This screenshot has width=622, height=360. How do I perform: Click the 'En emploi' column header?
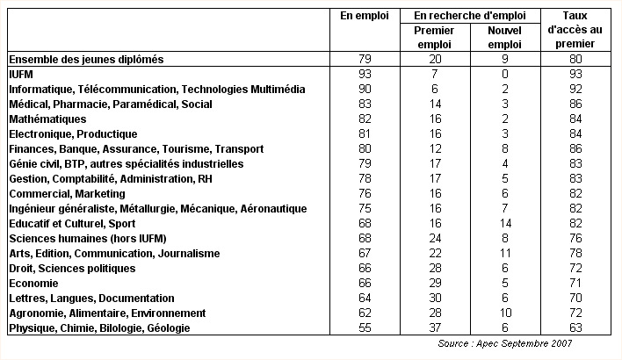(x=365, y=17)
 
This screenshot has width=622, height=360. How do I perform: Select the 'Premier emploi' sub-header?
(x=434, y=37)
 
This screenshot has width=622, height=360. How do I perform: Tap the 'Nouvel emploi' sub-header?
(x=504, y=37)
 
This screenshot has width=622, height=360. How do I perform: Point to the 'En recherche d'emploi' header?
(x=470, y=16)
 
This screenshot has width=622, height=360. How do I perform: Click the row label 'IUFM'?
(x=21, y=75)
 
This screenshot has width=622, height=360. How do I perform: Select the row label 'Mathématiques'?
(x=47, y=119)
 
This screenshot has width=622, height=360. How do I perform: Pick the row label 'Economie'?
(x=33, y=284)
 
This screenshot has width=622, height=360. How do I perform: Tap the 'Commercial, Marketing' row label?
(x=67, y=194)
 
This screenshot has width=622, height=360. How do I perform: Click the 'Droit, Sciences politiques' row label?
(x=72, y=269)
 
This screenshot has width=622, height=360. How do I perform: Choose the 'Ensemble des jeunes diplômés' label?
(x=86, y=60)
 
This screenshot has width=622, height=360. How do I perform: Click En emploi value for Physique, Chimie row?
(x=365, y=328)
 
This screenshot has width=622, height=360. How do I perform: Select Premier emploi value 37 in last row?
(x=435, y=328)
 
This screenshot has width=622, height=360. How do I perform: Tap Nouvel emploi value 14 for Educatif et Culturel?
(x=505, y=224)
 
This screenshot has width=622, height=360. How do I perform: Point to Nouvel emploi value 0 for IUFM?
(x=505, y=74)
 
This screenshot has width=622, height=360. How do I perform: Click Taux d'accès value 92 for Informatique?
(x=575, y=89)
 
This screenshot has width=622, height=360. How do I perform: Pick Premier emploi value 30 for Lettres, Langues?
(x=435, y=298)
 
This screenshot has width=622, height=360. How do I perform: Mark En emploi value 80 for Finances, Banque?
(x=365, y=148)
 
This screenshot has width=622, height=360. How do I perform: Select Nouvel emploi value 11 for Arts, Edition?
(x=505, y=254)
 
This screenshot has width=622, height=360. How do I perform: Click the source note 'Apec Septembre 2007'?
(x=524, y=343)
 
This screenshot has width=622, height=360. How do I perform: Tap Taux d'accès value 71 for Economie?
(x=575, y=283)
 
